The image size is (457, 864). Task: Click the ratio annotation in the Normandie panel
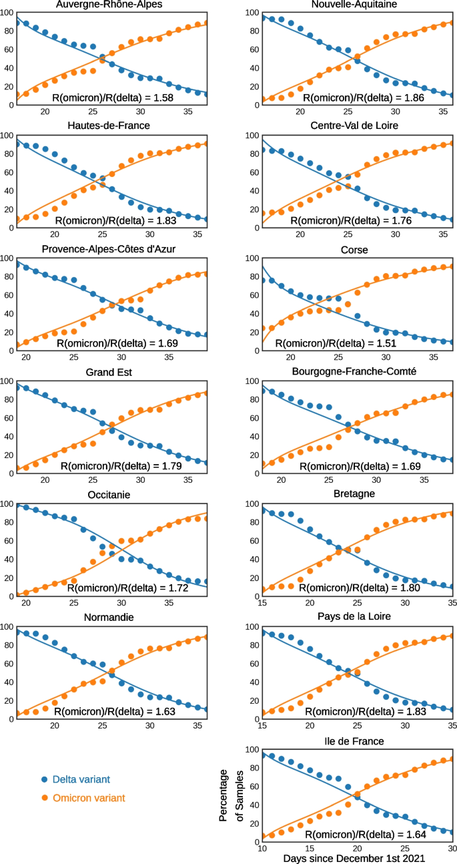114,711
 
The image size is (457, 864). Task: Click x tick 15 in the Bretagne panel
262,600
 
